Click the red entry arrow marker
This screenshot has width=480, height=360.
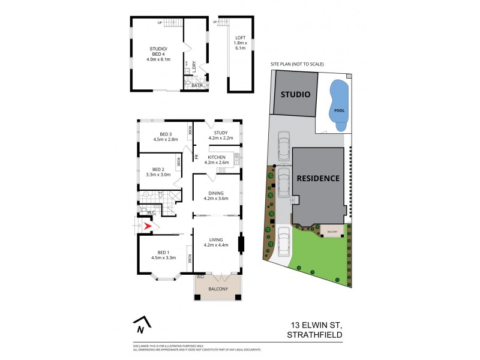click(x=148, y=226)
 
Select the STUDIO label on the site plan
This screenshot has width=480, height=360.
click(x=294, y=95)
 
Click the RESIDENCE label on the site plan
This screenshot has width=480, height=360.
click(x=317, y=178)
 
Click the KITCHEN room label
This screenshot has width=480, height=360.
click(x=217, y=157)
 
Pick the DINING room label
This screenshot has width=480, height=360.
click(x=216, y=193)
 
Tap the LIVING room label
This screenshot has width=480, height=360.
click(x=216, y=240)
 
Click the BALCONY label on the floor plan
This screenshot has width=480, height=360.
click(x=218, y=289)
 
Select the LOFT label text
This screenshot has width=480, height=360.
click(x=240, y=38)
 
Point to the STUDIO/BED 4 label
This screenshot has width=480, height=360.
click(x=160, y=51)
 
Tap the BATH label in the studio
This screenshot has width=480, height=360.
click(x=197, y=85)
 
